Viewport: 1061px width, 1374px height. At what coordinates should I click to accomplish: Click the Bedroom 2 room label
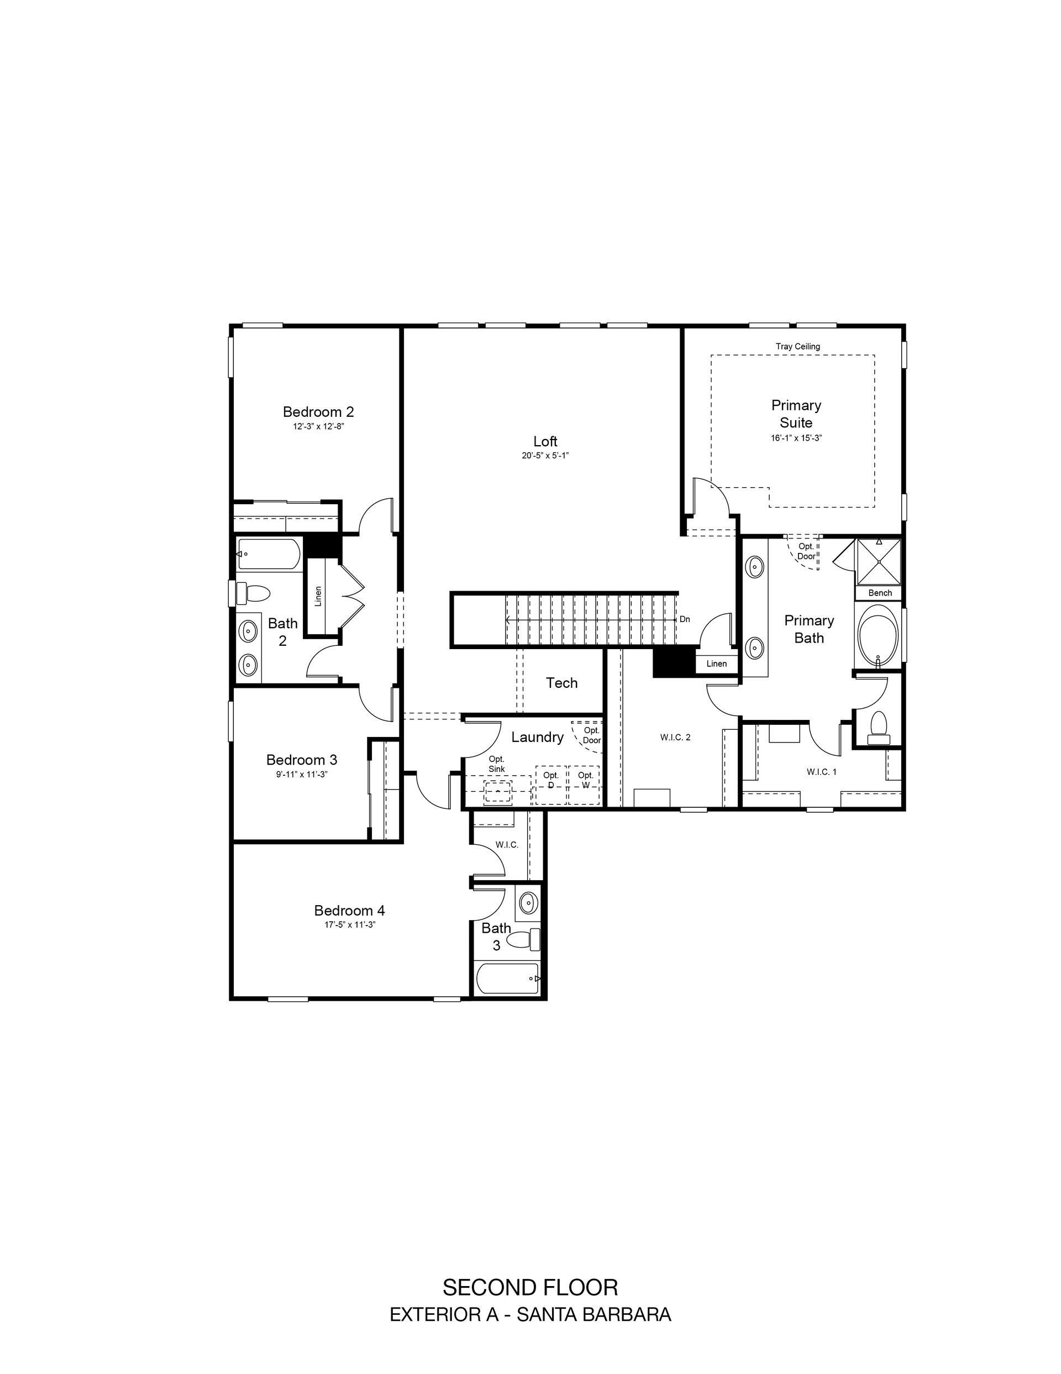[318, 412]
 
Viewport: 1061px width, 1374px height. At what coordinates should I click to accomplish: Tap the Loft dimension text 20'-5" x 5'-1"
[545, 456]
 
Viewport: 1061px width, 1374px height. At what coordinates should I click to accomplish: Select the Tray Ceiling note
[797, 347]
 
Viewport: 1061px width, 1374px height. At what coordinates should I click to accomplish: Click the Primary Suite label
[796, 414]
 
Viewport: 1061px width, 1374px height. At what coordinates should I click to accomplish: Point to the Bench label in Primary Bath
[880, 593]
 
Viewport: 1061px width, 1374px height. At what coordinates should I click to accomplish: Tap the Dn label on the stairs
[685, 619]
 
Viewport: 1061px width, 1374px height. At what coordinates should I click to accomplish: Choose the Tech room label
[561, 683]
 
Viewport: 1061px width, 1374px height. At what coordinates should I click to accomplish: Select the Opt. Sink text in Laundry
[497, 764]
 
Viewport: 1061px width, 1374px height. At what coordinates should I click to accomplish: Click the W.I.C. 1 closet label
[821, 771]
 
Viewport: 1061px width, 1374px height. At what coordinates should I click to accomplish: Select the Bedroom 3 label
[302, 759]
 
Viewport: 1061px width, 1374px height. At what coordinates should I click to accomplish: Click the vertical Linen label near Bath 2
[318, 597]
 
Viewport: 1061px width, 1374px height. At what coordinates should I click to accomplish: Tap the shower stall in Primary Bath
[878, 562]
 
